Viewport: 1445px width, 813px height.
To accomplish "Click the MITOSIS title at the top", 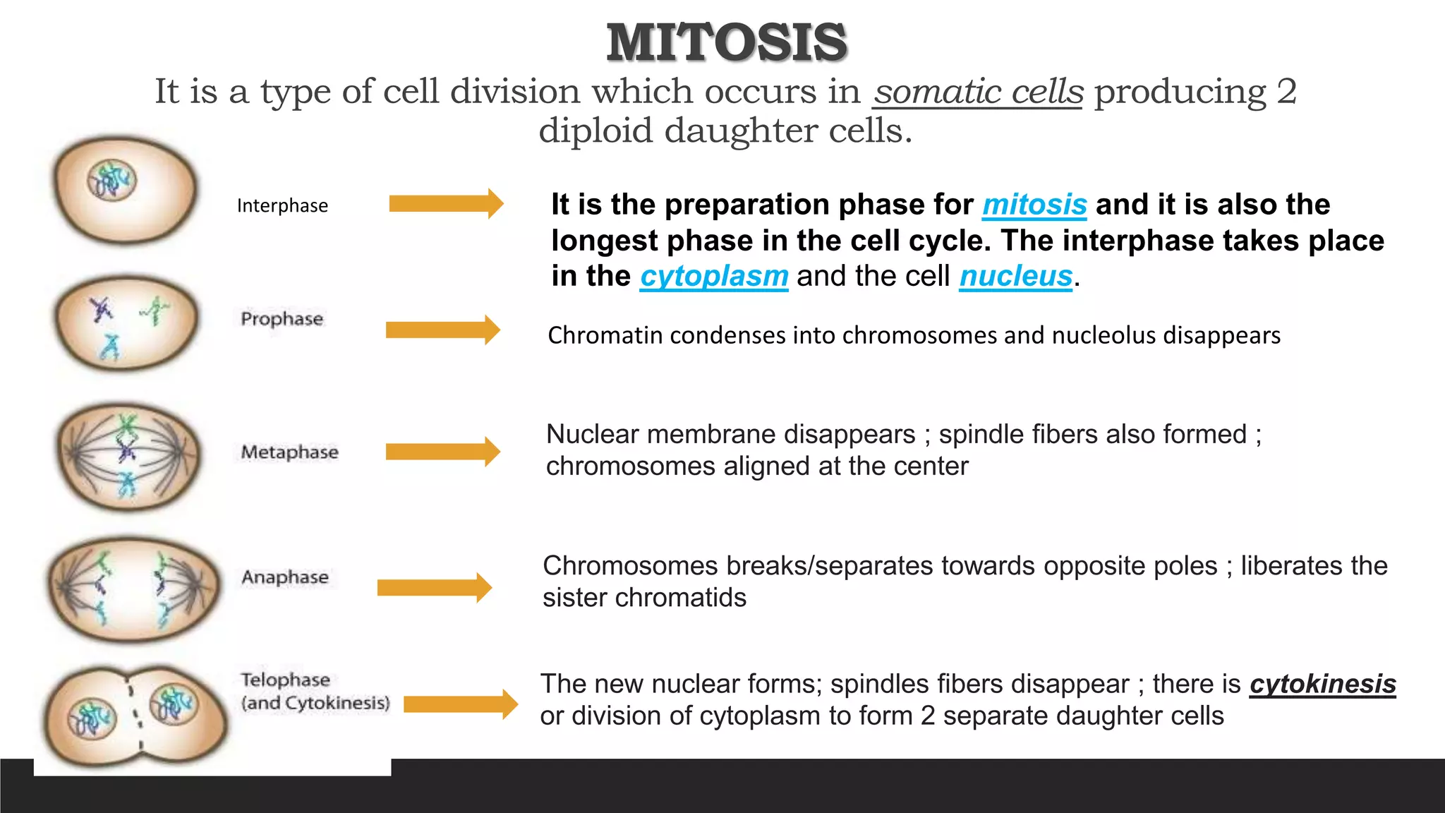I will [727, 42].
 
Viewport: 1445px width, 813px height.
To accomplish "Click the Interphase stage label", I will [282, 205].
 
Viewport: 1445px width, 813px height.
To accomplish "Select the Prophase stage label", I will [282, 319].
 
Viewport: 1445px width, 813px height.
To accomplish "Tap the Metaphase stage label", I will [289, 452].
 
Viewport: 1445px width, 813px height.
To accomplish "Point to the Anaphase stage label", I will [285, 577].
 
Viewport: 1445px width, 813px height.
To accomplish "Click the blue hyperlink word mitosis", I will [1034, 205].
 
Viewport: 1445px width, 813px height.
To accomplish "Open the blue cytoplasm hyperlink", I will [714, 276].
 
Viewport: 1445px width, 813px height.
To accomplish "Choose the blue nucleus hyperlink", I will [1015, 276].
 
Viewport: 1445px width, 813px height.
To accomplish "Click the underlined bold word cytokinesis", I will [1322, 684].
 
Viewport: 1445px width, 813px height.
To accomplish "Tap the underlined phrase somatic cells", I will [977, 92].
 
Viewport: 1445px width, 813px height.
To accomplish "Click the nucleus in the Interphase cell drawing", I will [111, 180].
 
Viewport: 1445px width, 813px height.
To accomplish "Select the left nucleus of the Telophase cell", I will [91, 718].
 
